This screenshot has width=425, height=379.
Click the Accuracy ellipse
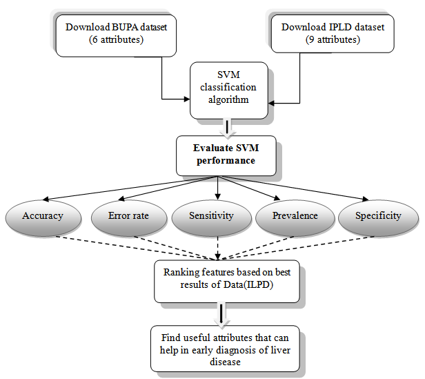(43, 216)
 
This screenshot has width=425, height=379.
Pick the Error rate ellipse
(128, 216)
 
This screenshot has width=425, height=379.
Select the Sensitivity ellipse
(212, 216)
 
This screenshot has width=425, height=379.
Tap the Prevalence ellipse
(295, 216)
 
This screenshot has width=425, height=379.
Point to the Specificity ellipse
(378, 216)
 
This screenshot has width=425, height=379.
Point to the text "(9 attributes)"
(334, 39)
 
